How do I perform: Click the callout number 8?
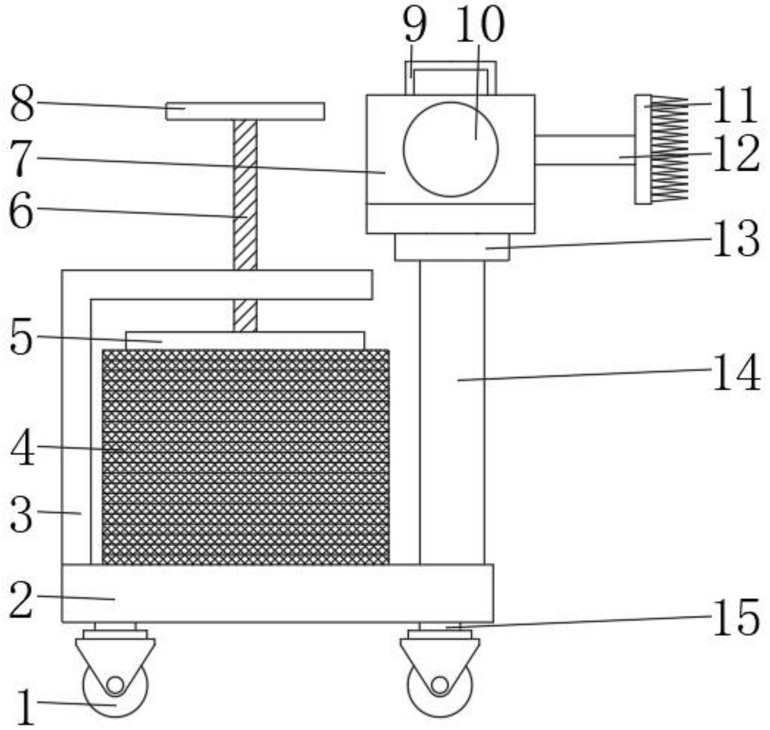pos(23,105)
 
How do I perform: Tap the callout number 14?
pos(736,373)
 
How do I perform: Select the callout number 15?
pos(736,617)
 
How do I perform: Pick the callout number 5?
pos(22,337)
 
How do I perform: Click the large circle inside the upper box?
pos(450,149)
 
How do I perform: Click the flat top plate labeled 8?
pos(245,111)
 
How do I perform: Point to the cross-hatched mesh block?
pos(246,457)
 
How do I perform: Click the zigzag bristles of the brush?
pos(669,149)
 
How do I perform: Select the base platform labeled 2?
pos(277,593)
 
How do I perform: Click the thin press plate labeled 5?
pos(245,340)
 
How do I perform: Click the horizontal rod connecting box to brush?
pos(584,150)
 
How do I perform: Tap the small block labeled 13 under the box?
pos(452,247)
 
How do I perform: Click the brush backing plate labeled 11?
pos(643,149)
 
